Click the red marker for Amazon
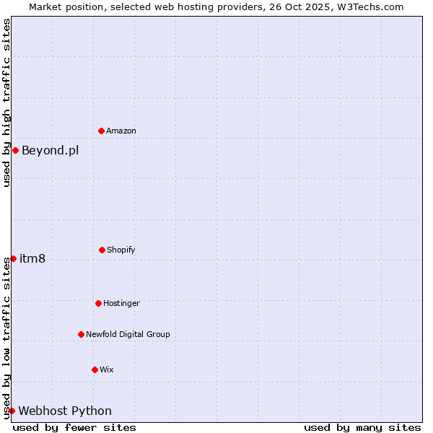(x=101, y=131)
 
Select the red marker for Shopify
(x=102, y=250)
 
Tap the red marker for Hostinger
(x=98, y=303)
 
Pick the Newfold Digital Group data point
(x=81, y=334)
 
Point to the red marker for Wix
(x=95, y=369)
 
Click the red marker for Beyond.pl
(x=15, y=150)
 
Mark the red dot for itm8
(x=13, y=258)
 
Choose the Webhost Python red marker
(x=12, y=411)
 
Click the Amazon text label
(x=121, y=131)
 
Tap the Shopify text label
(x=121, y=250)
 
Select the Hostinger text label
(x=121, y=304)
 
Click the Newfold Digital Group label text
(x=128, y=335)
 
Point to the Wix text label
(x=107, y=370)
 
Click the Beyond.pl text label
(x=50, y=151)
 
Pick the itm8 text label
(x=32, y=259)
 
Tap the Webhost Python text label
(x=65, y=411)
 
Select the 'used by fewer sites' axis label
(x=74, y=427)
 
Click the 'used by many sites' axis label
(x=362, y=427)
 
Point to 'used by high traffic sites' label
(x=6, y=102)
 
